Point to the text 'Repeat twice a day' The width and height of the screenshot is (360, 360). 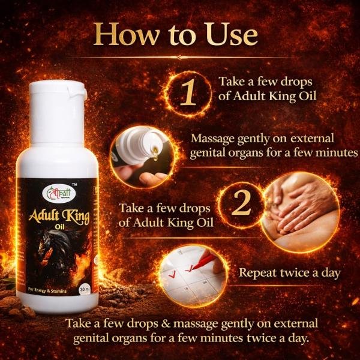[290, 272]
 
